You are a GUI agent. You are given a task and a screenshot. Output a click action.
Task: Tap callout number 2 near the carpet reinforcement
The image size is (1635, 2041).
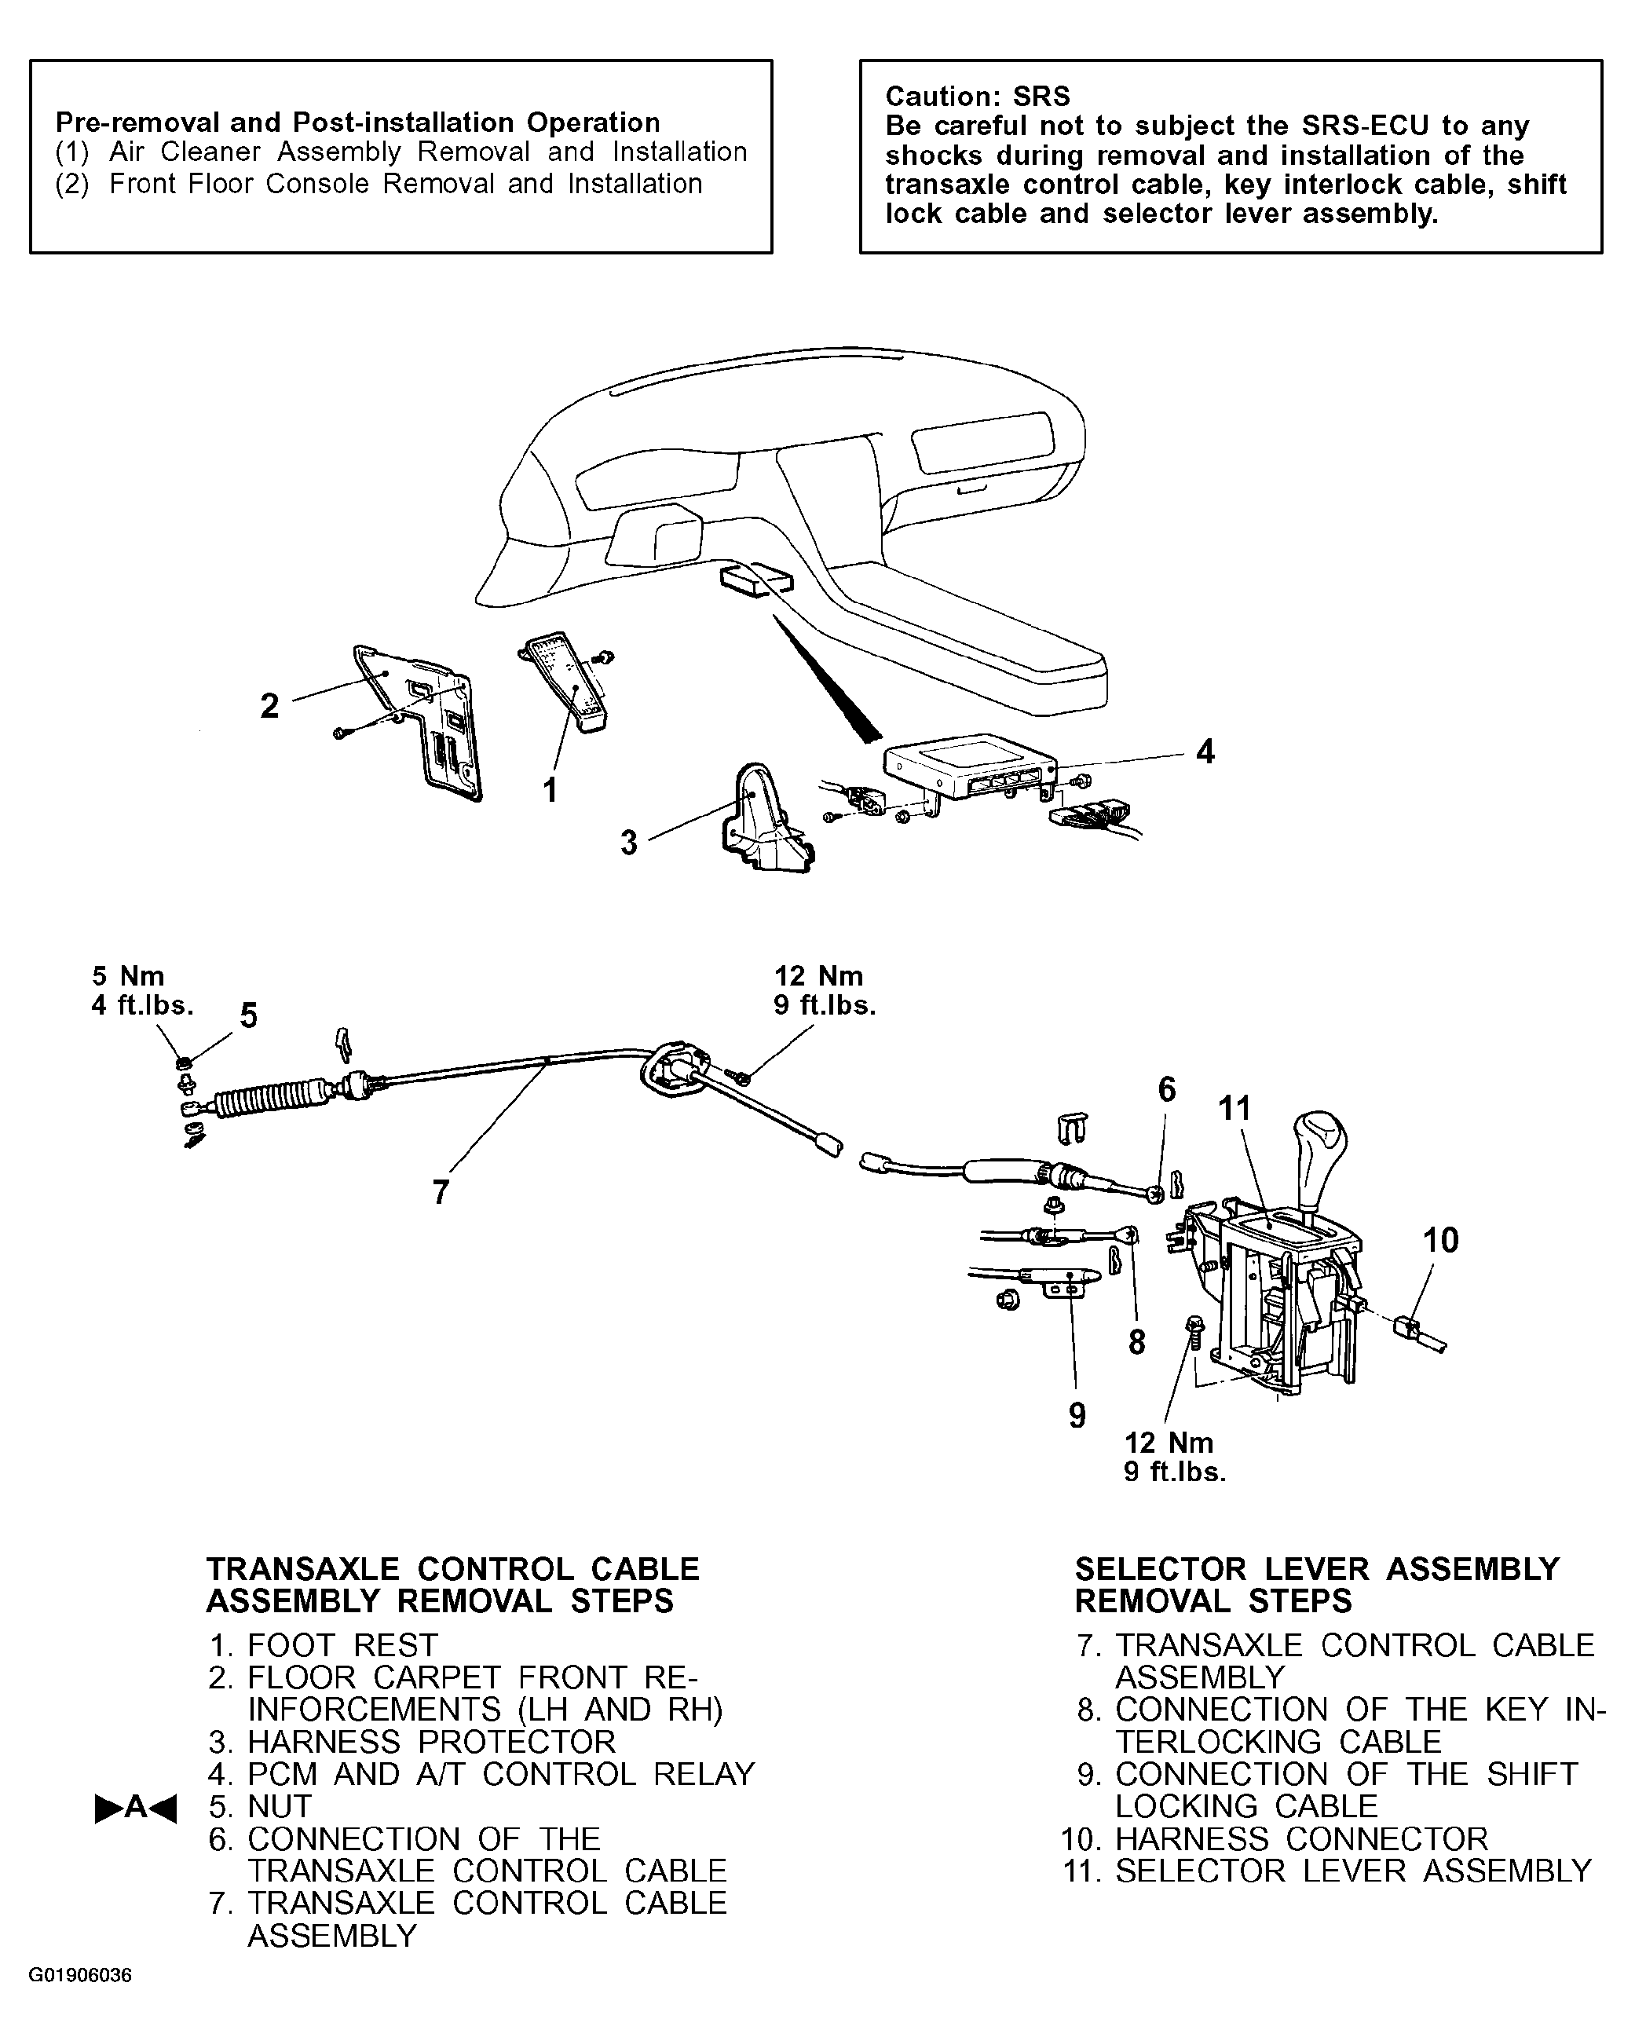[x=270, y=705]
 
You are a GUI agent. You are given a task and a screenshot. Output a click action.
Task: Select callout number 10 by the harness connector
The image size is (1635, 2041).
[x=1440, y=1240]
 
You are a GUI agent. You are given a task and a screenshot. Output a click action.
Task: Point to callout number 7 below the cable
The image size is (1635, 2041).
[x=441, y=1192]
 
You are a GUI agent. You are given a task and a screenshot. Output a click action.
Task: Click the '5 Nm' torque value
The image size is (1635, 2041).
[x=128, y=976]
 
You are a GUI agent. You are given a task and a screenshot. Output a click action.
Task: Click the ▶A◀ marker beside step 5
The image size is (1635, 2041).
[x=135, y=1807]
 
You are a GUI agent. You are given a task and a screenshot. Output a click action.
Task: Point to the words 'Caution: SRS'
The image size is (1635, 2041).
[x=977, y=97]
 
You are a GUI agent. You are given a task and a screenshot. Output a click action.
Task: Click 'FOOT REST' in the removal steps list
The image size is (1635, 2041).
[x=342, y=1644]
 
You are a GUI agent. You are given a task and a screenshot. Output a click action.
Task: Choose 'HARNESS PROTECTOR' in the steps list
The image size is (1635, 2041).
[x=432, y=1741]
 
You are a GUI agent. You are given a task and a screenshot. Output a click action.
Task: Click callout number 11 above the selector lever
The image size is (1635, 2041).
[x=1234, y=1109]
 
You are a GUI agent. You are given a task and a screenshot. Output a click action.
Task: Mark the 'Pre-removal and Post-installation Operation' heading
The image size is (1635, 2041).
[x=358, y=123]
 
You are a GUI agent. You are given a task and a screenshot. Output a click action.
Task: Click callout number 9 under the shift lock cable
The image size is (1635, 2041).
[x=1077, y=1415]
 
